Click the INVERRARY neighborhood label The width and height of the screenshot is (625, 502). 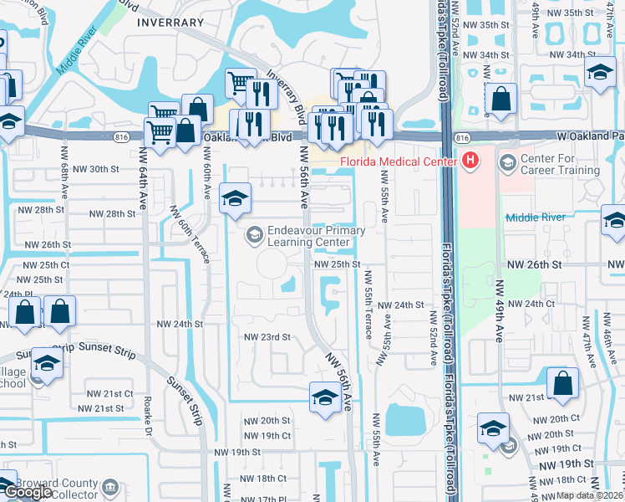pyautogui.click(x=170, y=23)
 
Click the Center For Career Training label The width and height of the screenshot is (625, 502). pyautogui.click(x=560, y=164)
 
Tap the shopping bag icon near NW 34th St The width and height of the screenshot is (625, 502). pyautogui.click(x=501, y=98)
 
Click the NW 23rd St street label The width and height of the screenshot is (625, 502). pyautogui.click(x=266, y=337)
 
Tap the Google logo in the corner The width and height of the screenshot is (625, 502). pyautogui.click(x=27, y=493)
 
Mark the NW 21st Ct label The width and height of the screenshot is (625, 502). pyautogui.click(x=109, y=393)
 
